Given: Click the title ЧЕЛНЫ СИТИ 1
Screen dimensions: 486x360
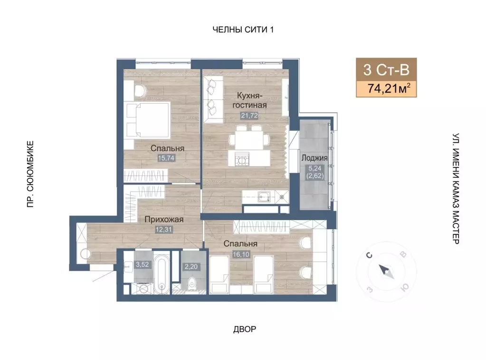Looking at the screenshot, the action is [x=243, y=30].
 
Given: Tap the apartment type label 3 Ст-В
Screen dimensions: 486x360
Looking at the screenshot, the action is [x=386, y=69].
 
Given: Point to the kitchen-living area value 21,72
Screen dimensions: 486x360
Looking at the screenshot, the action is [x=249, y=116].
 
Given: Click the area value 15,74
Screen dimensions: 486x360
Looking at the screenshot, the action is [x=166, y=158].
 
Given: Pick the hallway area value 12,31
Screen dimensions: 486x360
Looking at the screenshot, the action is [x=163, y=230].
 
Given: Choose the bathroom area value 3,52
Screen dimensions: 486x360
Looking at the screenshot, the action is [x=142, y=265].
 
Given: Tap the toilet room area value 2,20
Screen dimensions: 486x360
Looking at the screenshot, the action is [x=191, y=267].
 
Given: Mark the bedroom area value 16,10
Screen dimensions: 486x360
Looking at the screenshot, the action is [x=241, y=254].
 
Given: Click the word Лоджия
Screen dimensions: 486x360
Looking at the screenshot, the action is [x=314, y=158].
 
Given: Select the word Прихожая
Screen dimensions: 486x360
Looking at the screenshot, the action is [x=164, y=219].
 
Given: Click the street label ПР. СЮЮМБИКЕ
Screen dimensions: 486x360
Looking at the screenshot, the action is [x=30, y=174].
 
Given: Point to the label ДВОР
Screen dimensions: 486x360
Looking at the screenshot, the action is [x=245, y=329].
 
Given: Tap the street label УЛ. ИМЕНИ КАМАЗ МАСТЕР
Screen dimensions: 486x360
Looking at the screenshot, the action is [x=456, y=189].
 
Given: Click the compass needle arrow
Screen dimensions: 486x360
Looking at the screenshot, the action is [x=386, y=272].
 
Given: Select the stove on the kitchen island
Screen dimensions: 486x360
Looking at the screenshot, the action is [x=241, y=160].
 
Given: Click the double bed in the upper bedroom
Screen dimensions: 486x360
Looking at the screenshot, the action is [x=147, y=120].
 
